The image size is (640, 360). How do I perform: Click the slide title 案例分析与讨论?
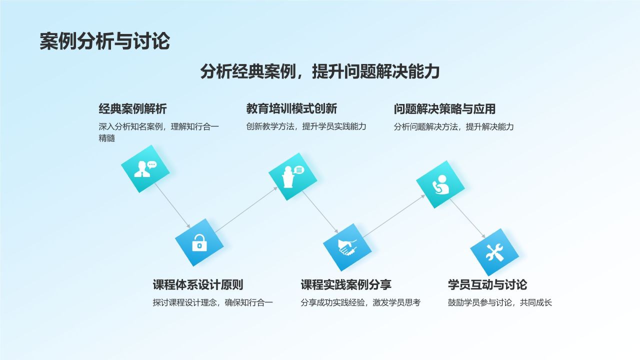point(104,41)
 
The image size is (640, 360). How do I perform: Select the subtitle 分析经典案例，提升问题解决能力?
point(319,71)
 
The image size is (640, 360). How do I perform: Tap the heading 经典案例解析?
point(132,108)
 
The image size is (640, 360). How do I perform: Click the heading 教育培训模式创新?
point(291,108)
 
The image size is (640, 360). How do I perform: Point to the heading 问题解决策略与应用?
point(444,108)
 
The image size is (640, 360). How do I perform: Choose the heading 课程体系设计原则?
point(198,285)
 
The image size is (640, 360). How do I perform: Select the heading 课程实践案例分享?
point(346,285)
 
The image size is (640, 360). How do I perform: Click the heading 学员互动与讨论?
point(487,285)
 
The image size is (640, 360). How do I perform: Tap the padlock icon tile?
point(199,242)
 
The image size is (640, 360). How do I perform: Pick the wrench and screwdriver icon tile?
point(494,252)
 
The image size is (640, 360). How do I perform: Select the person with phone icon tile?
point(440,184)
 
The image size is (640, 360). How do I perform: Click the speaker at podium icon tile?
point(292,176)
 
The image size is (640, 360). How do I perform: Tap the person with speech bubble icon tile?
point(145,169)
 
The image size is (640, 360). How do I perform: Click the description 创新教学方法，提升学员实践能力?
point(306,126)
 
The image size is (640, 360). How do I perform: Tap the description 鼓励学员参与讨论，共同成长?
point(500,302)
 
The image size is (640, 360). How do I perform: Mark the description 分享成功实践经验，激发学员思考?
point(360,302)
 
